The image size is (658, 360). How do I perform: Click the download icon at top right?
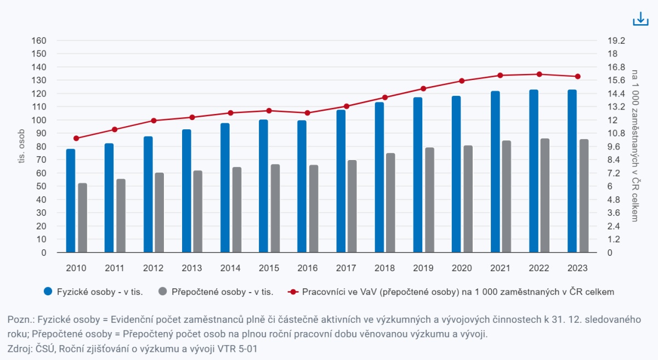640,19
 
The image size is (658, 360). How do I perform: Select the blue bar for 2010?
71,201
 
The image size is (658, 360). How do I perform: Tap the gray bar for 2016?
314,209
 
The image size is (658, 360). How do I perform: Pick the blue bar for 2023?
572,171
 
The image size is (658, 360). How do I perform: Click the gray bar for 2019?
429,200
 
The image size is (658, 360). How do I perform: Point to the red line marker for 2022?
539,75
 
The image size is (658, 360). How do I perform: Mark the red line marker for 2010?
76,138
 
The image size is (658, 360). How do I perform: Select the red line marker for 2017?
347,106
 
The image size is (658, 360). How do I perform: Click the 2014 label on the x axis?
230,268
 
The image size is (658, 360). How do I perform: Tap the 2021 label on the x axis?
500,268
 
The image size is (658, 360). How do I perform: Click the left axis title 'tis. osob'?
21,147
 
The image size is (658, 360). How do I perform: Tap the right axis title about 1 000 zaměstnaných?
635,146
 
